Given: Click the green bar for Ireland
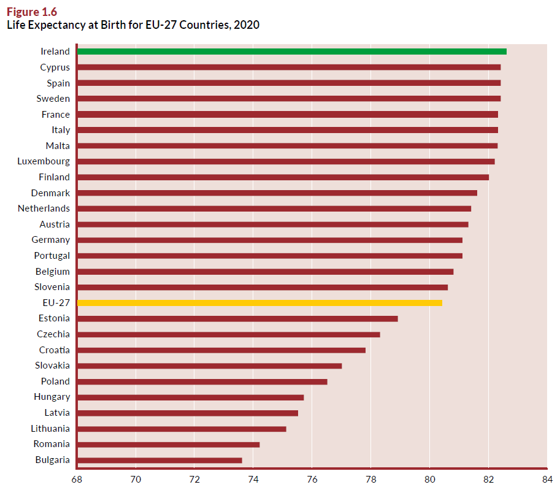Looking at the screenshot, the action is point(292,52).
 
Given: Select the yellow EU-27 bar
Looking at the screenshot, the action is point(259,303).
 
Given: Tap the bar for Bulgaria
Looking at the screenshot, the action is point(159,461).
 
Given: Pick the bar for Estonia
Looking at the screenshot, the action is point(237,318).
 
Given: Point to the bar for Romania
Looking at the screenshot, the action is point(169,445).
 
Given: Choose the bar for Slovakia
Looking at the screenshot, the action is point(210,366).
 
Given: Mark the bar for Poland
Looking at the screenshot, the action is point(202,382).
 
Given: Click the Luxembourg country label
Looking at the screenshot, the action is point(44,162).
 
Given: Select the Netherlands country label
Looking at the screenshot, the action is point(44,209).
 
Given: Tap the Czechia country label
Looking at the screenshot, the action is point(53,334).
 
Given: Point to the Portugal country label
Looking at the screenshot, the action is point(52,256).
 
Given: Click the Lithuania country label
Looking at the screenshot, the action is point(50,429).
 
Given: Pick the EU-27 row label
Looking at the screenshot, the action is point(56,303).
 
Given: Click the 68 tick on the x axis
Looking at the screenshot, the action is point(77,480).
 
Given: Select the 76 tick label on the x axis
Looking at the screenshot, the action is point(312,480).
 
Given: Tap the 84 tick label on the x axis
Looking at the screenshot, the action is point(547,480).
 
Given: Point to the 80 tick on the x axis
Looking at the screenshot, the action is point(429,480).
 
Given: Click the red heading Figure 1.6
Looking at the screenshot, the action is point(32,12).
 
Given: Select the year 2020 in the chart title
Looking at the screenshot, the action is point(247,25).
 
